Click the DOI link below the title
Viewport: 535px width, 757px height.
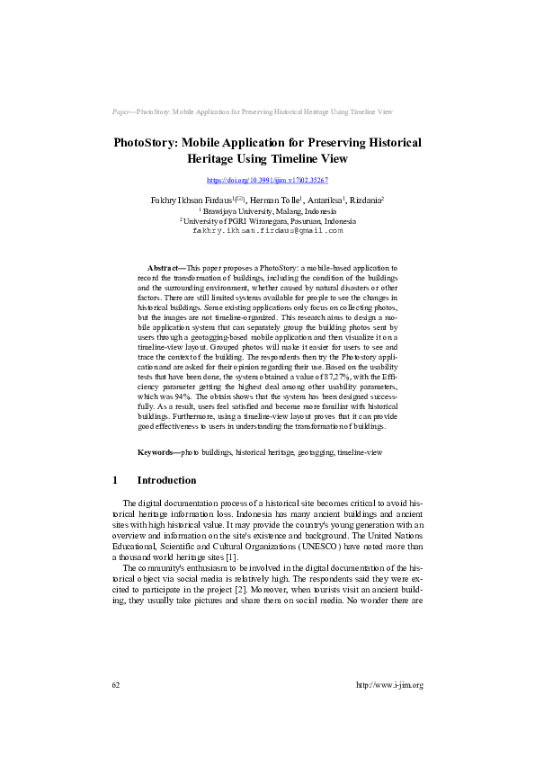click(267, 181)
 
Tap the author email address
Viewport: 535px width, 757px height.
click(268, 230)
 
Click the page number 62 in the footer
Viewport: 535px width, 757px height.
click(116, 685)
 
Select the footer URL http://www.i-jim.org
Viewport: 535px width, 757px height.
click(389, 685)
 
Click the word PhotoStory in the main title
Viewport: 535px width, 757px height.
click(147, 143)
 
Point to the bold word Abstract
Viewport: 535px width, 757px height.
click(164, 268)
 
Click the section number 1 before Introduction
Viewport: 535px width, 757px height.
click(115, 480)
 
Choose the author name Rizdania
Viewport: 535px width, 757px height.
click(366, 200)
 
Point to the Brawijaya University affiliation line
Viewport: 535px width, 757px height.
click(267, 209)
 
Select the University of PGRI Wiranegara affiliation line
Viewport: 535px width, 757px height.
click(267, 219)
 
